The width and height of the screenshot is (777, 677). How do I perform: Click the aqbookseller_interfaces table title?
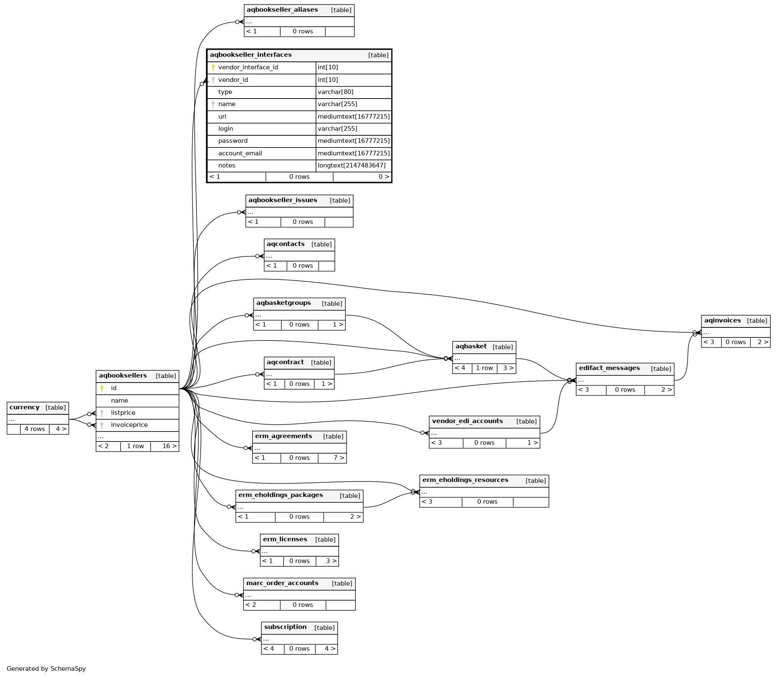251,55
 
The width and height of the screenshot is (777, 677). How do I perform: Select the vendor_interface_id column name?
248,68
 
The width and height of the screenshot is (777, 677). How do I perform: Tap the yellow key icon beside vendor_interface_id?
213,68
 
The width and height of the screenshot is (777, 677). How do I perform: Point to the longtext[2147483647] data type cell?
352,166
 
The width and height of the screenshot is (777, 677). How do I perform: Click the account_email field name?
240,154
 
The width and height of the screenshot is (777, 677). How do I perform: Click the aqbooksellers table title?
123,376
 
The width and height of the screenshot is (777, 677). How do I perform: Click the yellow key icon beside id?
102,388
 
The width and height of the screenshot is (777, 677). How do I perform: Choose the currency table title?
25,408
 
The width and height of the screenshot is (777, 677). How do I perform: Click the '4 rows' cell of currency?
35,429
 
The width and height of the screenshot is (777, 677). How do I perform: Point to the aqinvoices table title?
722,321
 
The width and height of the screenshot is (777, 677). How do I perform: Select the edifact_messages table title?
609,368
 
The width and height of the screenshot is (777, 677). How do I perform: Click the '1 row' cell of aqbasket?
484,368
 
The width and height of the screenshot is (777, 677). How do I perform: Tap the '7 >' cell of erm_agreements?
339,458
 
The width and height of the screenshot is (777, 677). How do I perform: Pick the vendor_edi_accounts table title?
467,421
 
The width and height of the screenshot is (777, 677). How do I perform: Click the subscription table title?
285,627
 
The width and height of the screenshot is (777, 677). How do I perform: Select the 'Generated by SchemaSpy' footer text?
46,669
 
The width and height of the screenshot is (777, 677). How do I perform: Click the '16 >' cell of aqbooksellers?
169,446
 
